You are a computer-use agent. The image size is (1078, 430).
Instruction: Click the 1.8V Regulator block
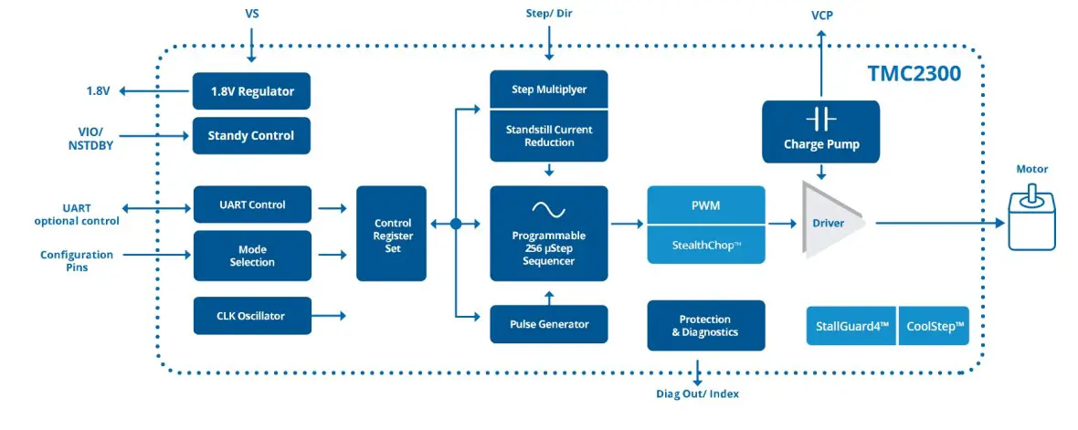point(251,91)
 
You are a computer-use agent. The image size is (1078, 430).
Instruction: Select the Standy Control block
point(251,135)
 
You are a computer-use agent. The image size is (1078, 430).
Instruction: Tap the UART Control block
point(251,205)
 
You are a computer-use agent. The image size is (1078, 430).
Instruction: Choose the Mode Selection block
point(251,256)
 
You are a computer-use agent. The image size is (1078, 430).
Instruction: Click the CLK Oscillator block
point(251,316)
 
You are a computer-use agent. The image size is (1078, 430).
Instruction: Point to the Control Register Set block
point(392,235)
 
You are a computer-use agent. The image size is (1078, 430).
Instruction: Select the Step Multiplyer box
point(548,89)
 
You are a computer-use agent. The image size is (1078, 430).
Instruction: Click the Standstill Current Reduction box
point(548,136)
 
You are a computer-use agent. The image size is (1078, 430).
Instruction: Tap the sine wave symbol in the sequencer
point(548,207)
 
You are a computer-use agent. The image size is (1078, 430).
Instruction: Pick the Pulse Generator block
point(548,324)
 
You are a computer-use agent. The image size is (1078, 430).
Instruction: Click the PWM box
point(706,205)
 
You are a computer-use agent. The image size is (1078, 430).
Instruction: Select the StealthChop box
point(706,244)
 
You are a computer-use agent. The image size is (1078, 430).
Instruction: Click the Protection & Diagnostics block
point(706,326)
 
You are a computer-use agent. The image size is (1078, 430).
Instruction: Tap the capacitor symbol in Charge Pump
point(820,120)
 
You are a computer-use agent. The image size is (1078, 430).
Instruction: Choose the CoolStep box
point(935,326)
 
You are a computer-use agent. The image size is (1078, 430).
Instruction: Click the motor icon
point(1032,219)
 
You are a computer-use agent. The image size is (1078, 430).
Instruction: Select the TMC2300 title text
point(914,73)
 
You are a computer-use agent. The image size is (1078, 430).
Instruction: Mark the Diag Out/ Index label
point(697,393)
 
